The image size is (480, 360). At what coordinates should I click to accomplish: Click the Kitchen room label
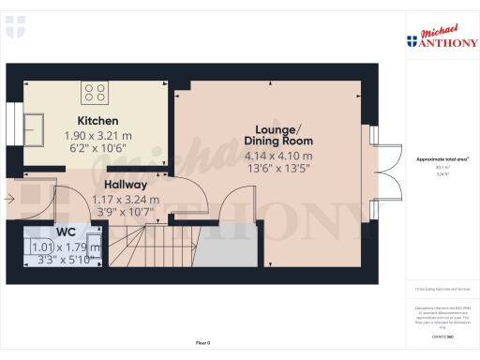coord(97,121)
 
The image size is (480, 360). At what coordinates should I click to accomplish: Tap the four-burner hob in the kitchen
coord(95,92)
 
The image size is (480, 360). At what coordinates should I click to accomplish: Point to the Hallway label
coord(125,185)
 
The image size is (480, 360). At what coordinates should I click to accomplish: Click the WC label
coord(66,232)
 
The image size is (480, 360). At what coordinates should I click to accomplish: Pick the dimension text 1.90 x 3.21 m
coord(97,135)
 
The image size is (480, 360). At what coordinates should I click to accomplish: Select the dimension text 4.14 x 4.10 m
coord(278,156)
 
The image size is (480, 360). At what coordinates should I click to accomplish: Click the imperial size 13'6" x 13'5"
coord(277,169)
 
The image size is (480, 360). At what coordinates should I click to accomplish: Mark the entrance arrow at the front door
coord(8,198)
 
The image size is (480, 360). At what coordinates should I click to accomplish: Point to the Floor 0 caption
coord(202,343)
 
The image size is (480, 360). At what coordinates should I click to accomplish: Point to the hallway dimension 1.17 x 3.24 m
coord(125,199)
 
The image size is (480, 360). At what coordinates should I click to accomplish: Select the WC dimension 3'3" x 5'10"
coord(66,260)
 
